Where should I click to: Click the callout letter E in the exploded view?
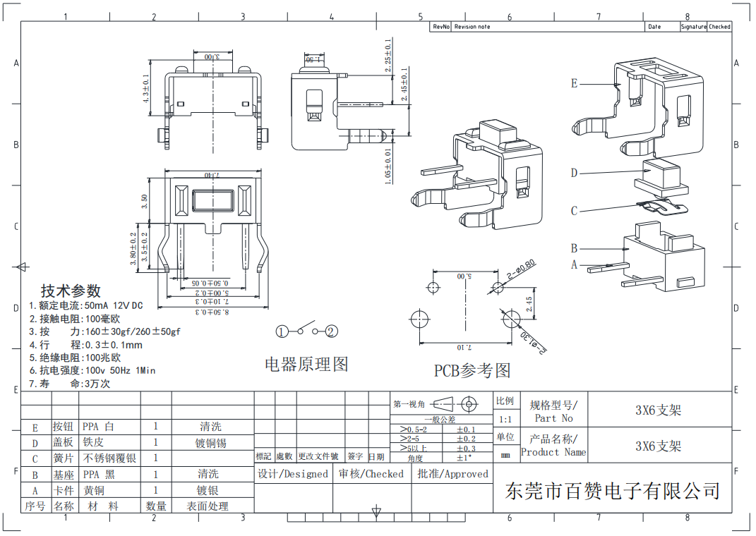(x=574, y=83)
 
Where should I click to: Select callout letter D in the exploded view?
(x=574, y=173)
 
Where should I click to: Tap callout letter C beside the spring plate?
(x=574, y=211)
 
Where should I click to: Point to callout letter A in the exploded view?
(x=574, y=265)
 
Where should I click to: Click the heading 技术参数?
(x=71, y=291)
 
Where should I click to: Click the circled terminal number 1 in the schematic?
(x=282, y=331)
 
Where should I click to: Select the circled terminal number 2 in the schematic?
(x=332, y=331)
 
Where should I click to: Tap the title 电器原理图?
(x=306, y=365)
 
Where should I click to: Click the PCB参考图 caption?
(x=472, y=370)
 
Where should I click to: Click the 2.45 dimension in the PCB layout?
(x=529, y=304)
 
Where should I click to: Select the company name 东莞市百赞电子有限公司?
(x=613, y=490)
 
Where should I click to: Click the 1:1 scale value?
(x=505, y=419)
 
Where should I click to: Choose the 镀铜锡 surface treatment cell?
(x=210, y=443)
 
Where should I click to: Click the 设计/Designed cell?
(x=293, y=474)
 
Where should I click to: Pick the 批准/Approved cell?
(x=452, y=474)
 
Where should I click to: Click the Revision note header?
(x=472, y=27)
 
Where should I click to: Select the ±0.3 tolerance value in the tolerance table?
(x=466, y=448)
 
